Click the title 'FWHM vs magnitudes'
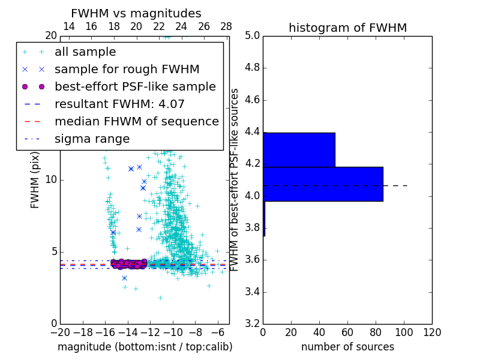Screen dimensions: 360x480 (x=136, y=13)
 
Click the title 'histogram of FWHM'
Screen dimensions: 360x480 (x=347, y=28)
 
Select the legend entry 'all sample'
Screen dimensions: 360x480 (x=85, y=52)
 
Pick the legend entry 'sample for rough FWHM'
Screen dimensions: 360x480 (x=127, y=70)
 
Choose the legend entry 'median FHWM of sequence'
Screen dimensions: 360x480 (x=136, y=122)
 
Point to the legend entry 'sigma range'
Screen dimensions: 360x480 (x=92, y=139)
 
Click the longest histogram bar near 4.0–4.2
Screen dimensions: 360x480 (x=323, y=184)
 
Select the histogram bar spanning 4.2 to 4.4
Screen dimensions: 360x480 (x=299, y=149)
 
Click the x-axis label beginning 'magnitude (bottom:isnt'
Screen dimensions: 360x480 (x=145, y=347)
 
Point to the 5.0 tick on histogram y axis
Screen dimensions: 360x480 (x=252, y=35)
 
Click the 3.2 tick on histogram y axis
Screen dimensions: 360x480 (x=252, y=324)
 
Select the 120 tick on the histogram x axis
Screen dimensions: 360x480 (x=432, y=332)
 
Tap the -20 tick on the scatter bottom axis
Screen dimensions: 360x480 (x=60, y=332)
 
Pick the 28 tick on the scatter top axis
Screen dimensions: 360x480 (x=226, y=26)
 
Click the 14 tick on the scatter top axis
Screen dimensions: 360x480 (x=69, y=26)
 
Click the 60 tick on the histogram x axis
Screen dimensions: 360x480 (x=347, y=332)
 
